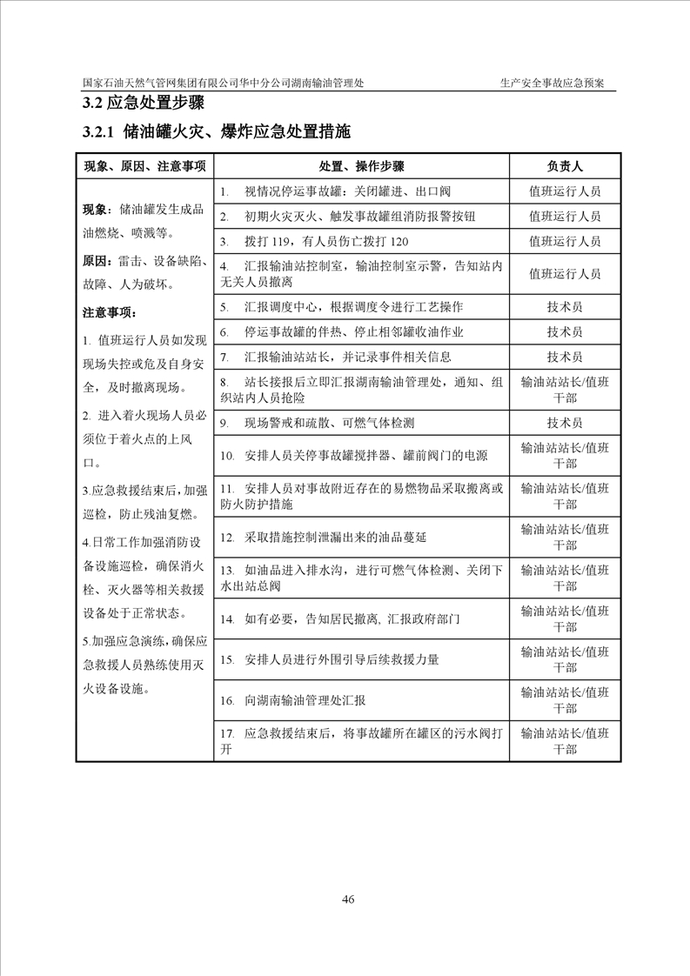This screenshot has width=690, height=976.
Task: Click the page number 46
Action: click(348, 899)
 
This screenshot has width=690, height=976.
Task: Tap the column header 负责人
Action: click(565, 165)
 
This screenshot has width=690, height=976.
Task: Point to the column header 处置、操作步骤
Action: click(361, 165)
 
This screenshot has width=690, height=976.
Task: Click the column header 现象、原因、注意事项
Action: click(144, 165)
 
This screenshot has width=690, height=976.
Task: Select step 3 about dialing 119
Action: click(314, 241)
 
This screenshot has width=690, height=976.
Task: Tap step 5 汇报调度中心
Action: click(341, 307)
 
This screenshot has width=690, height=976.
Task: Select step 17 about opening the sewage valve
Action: click(361, 741)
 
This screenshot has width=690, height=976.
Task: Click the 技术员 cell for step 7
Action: click(565, 357)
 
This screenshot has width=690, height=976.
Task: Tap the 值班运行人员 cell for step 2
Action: click(565, 216)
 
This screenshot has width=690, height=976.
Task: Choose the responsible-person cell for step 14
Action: click(565, 619)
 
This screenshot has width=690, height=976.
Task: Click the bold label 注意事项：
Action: click(109, 311)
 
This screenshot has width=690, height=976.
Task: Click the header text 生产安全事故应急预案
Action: click(558, 84)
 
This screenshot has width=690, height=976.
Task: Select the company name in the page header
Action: click(224, 84)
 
